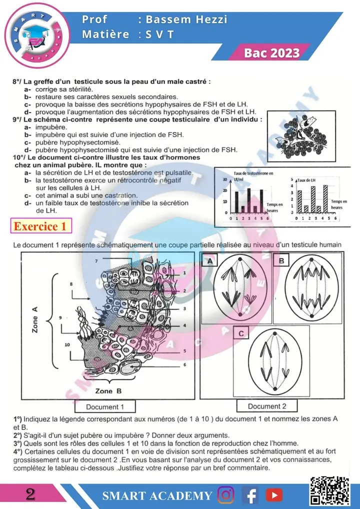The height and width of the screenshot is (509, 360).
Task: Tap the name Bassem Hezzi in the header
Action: pos(183,19)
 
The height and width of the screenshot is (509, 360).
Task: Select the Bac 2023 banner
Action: pos(272,53)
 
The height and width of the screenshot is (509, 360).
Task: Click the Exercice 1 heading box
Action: pos(40,226)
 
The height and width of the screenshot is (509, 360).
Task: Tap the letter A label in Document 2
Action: pos(210,260)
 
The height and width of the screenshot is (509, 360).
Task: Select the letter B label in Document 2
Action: pos(282,260)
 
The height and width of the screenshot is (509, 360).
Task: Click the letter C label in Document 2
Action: pos(241,333)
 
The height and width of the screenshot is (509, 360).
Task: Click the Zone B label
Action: pos(108,391)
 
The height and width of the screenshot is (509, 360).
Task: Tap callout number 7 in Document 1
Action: pos(97,261)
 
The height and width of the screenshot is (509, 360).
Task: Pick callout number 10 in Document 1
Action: pos(66,344)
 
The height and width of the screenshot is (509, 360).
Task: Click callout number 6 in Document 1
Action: pos(184,364)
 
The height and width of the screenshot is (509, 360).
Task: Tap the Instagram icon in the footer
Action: pos(226,495)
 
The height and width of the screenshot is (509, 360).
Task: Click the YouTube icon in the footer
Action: pos(273,495)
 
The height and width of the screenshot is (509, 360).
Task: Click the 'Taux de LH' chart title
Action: pos(307,179)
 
